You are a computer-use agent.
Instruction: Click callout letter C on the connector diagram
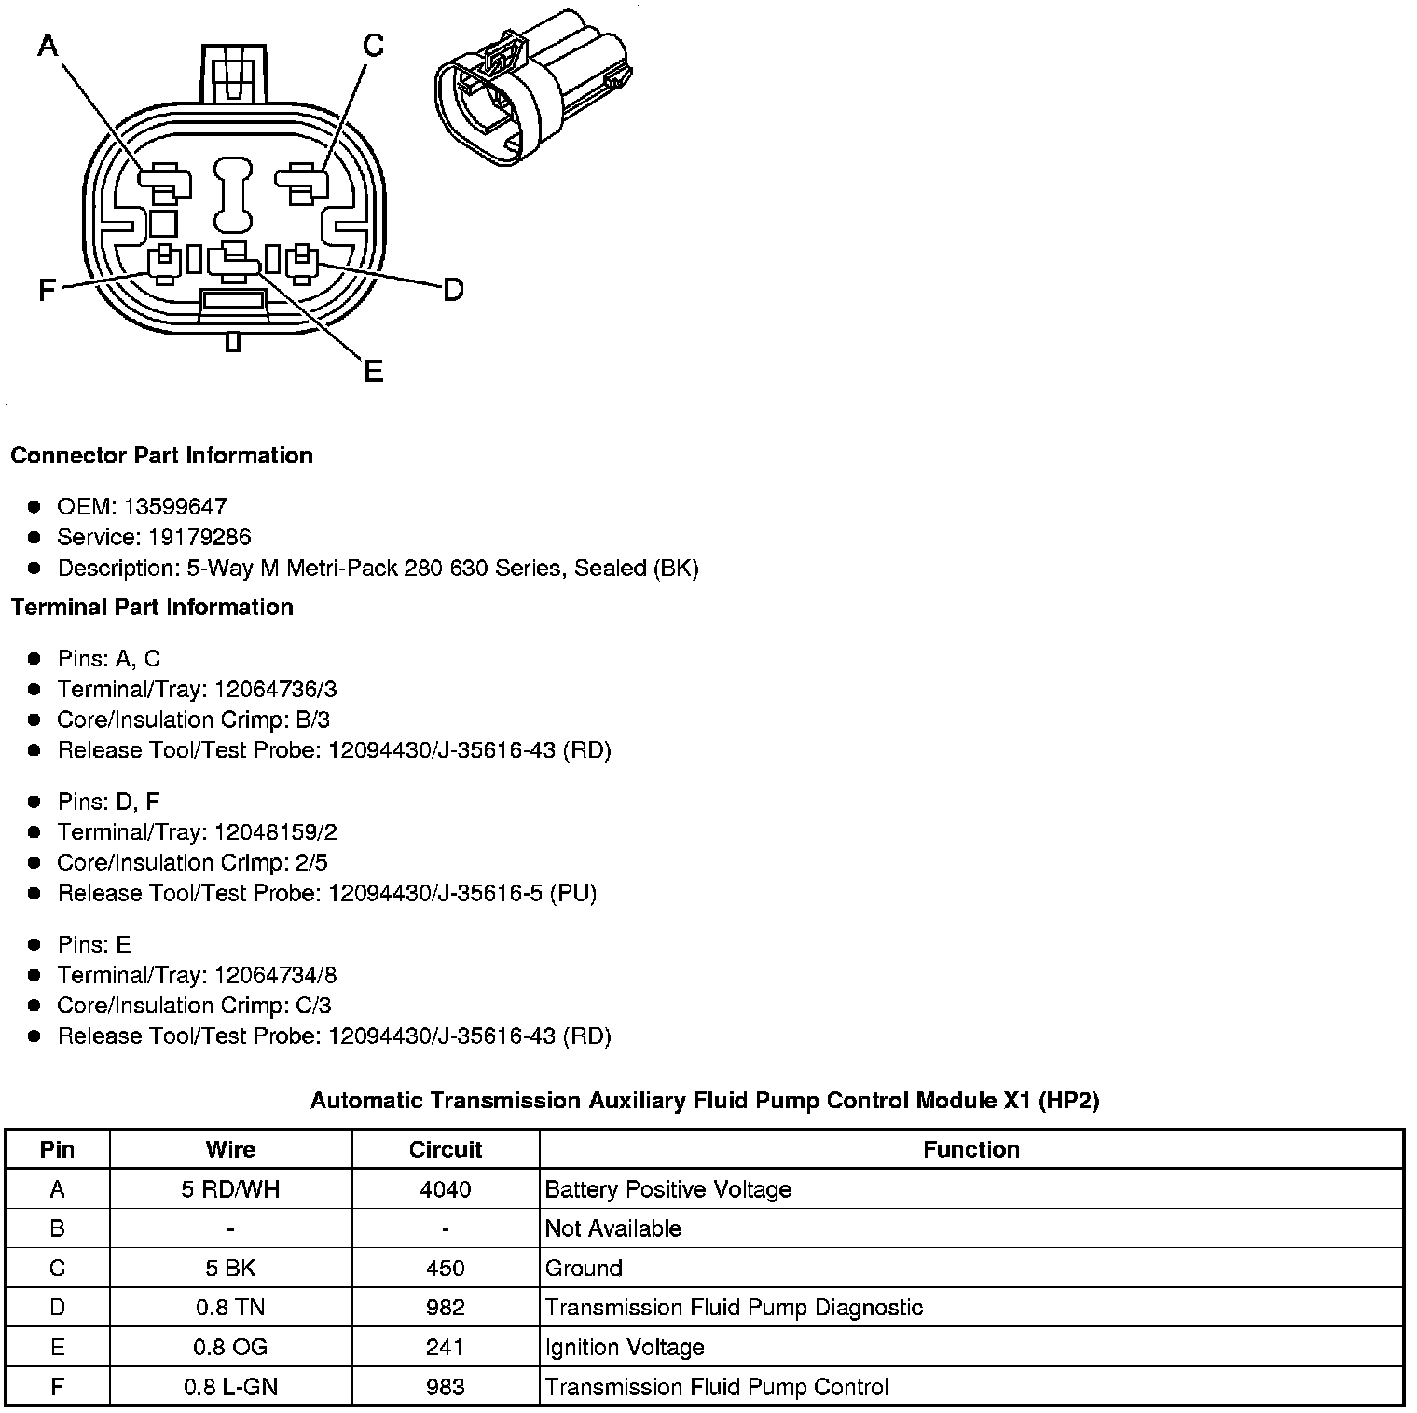[x=373, y=45]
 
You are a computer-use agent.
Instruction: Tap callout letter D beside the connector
[x=452, y=291]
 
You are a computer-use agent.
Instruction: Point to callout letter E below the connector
[x=373, y=372]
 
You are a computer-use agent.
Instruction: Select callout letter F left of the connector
[x=47, y=291]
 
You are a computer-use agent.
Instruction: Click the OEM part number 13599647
[x=175, y=506]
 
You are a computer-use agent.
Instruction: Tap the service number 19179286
[x=199, y=537]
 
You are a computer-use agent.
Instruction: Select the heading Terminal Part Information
[x=152, y=607]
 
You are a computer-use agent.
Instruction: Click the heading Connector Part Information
[x=161, y=455]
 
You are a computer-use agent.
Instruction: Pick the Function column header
[x=970, y=1149]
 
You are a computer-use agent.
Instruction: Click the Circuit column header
[x=445, y=1149]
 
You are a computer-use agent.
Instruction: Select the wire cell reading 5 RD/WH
[x=230, y=1189]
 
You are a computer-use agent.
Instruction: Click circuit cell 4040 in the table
[x=445, y=1189]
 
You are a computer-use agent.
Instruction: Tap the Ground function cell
[x=584, y=1268]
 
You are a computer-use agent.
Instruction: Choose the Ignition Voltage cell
[x=625, y=1347]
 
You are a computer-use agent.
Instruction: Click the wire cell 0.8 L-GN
[x=230, y=1387]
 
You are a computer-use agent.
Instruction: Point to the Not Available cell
[x=613, y=1228]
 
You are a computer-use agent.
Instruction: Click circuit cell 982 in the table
[x=445, y=1308]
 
